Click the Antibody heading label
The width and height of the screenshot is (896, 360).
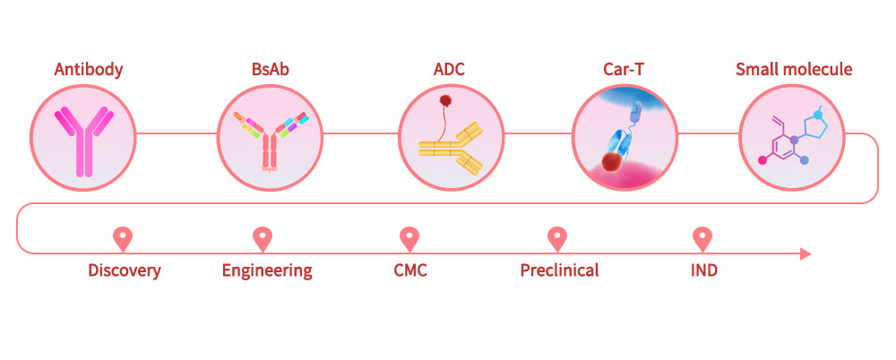point(88,69)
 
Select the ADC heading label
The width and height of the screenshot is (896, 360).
point(449,69)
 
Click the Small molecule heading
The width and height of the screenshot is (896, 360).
point(793,69)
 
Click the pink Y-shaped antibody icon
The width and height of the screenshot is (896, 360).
point(82,140)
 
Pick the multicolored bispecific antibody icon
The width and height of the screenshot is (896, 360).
point(270,138)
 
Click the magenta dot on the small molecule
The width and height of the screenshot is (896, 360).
point(763,161)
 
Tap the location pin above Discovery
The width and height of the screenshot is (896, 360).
point(123,238)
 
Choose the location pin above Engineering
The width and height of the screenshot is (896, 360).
point(262,238)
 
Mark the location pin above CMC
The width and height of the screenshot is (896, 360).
point(409,238)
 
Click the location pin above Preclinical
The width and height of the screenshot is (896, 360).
point(557,238)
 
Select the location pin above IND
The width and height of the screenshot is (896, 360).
point(703,238)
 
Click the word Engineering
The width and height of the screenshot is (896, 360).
point(267,270)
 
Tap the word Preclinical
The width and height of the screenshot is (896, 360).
point(559,270)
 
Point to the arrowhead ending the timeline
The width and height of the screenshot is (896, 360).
point(805,254)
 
